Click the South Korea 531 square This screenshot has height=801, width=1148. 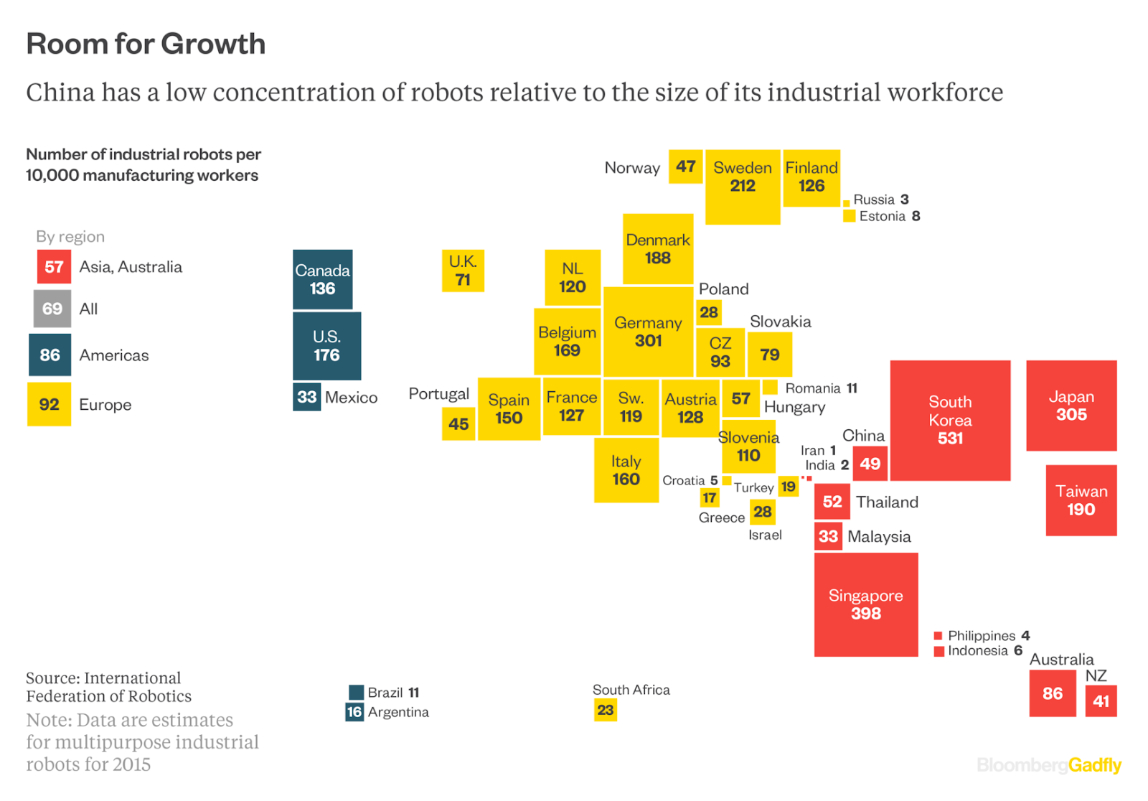(x=950, y=420)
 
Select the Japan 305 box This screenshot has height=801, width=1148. (x=1071, y=406)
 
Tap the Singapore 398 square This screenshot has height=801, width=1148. (x=866, y=604)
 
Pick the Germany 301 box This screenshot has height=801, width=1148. (x=648, y=332)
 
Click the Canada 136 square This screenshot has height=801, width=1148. (x=322, y=279)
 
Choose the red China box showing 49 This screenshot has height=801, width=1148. (x=870, y=464)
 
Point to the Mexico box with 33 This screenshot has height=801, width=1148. (x=306, y=397)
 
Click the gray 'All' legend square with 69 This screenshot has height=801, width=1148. (x=52, y=309)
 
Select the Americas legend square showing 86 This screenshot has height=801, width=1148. (x=50, y=355)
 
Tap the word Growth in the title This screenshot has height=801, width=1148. (x=213, y=44)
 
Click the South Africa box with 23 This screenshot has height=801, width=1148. (x=606, y=710)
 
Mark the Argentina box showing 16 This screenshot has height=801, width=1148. (x=354, y=712)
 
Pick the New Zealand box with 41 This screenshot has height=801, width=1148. (x=1101, y=701)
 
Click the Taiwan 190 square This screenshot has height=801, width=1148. (x=1081, y=500)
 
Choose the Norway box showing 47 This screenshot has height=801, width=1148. (x=685, y=167)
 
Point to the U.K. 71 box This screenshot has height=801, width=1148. (x=463, y=271)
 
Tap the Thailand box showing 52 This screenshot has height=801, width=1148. (x=832, y=502)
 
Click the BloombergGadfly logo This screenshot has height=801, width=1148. (x=1049, y=765)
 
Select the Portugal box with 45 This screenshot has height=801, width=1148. (x=458, y=423)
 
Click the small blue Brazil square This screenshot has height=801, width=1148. (x=356, y=692)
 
